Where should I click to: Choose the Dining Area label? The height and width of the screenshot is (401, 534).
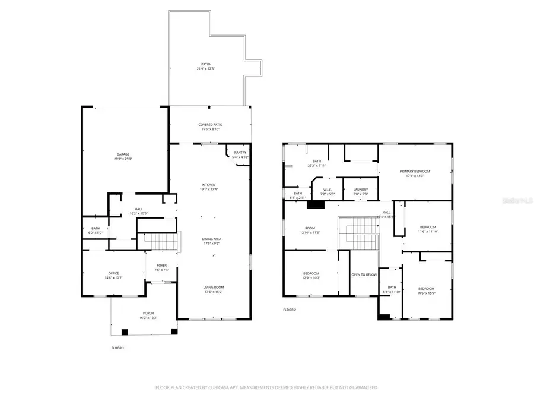pyautogui.click(x=211, y=241)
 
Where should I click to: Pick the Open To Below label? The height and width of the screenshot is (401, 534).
pyautogui.click(x=364, y=274)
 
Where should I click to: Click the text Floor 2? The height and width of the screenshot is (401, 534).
pyautogui.click(x=290, y=310)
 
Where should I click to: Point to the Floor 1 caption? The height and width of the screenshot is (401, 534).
pyautogui.click(x=118, y=348)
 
